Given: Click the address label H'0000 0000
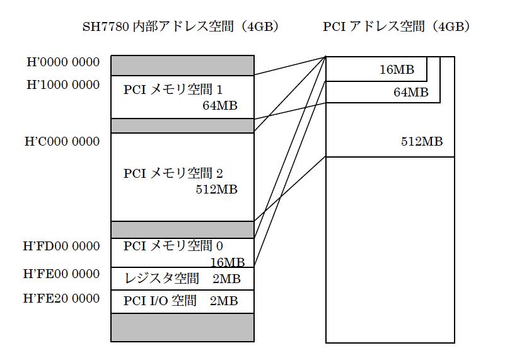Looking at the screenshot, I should tap(62, 62).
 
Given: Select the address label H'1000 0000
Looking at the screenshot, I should tap(62, 85).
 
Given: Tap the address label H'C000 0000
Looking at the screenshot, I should tap(62, 142).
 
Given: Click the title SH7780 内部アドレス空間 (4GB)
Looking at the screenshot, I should tap(181, 27).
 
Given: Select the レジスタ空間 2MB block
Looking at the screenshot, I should tap(182, 278).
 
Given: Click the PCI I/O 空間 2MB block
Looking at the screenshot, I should tap(182, 301).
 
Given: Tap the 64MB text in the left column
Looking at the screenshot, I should tap(219, 106).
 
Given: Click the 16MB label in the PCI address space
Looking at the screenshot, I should tap(397, 70).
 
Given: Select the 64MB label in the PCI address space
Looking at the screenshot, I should tap(410, 93).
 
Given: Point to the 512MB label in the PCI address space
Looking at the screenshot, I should tap(422, 142).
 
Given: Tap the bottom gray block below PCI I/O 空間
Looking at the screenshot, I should tap(182, 327).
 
